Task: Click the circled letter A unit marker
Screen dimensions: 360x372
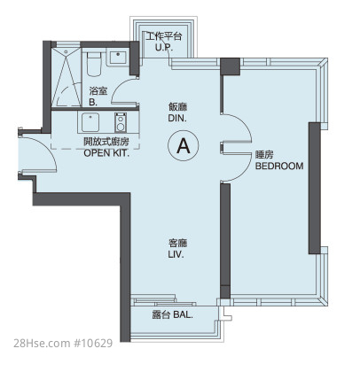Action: (184, 145)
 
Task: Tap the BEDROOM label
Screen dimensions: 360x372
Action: (279, 166)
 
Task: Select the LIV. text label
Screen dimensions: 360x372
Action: (176, 254)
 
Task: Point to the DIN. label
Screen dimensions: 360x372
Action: (177, 118)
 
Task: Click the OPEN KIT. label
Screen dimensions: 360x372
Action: (106, 153)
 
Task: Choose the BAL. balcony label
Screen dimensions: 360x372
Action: (183, 314)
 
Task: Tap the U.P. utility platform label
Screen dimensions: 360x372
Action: (164, 48)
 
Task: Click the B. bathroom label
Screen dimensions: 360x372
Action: (93, 103)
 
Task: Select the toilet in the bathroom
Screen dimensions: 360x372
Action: (95, 64)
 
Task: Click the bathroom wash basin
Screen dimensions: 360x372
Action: (118, 57)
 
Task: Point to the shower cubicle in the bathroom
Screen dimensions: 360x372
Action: (66, 77)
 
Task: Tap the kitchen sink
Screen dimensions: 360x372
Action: (90, 122)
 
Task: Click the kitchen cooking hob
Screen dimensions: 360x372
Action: (121, 122)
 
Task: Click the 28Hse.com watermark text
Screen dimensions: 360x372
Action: (42, 344)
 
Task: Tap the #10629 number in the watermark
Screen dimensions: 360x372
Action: (93, 344)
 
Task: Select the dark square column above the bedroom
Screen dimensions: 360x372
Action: (231, 66)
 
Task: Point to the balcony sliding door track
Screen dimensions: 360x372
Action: (163, 301)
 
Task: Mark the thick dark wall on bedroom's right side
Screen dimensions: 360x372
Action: (315, 189)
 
